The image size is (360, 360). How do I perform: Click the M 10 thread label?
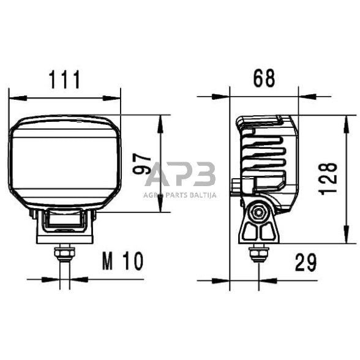pos(122,262)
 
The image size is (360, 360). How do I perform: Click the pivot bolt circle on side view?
pos(261,212)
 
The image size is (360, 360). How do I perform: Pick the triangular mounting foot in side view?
pos(260,230)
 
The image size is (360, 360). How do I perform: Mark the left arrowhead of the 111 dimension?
pos(13,97)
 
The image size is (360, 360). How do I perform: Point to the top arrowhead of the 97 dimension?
pos(160,119)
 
